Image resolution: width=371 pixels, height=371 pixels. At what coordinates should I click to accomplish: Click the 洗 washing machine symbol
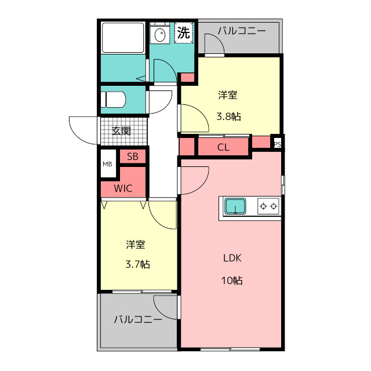coord(184,32)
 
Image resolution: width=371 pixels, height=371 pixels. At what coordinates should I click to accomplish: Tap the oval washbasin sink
coord(160,35)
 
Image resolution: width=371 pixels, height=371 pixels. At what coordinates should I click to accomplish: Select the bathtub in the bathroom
coord(123,38)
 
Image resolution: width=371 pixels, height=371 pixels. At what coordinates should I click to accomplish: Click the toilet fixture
coord(113,100)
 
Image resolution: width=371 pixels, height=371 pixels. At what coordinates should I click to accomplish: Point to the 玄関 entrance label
coord(121,131)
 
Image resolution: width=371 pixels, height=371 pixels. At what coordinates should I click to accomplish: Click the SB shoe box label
coord(133,157)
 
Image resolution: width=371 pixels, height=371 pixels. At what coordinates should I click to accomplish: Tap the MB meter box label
coord(107,164)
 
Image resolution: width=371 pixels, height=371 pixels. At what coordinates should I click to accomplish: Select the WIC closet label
coord(123,188)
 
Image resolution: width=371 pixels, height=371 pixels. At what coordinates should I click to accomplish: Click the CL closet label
coord(223,148)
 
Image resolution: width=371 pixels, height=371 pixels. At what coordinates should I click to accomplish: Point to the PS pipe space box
coord(277,144)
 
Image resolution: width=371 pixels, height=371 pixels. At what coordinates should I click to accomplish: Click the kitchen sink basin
coord(235,206)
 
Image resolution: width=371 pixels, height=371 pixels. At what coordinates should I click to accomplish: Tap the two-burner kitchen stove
coord(268,206)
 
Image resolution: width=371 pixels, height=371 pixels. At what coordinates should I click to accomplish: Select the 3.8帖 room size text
coord(229,117)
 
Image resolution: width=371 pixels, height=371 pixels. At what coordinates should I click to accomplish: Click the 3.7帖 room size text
coord(138,264)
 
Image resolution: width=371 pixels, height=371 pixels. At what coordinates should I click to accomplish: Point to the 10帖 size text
coord(232,281)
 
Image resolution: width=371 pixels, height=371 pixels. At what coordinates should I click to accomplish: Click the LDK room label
coord(232,258)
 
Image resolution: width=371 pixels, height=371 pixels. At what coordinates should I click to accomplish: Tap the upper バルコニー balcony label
coord(242,31)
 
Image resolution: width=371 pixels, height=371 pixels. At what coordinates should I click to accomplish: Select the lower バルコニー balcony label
coord(138,319)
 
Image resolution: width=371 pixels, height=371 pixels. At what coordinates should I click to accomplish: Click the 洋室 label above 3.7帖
coord(136,245)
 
